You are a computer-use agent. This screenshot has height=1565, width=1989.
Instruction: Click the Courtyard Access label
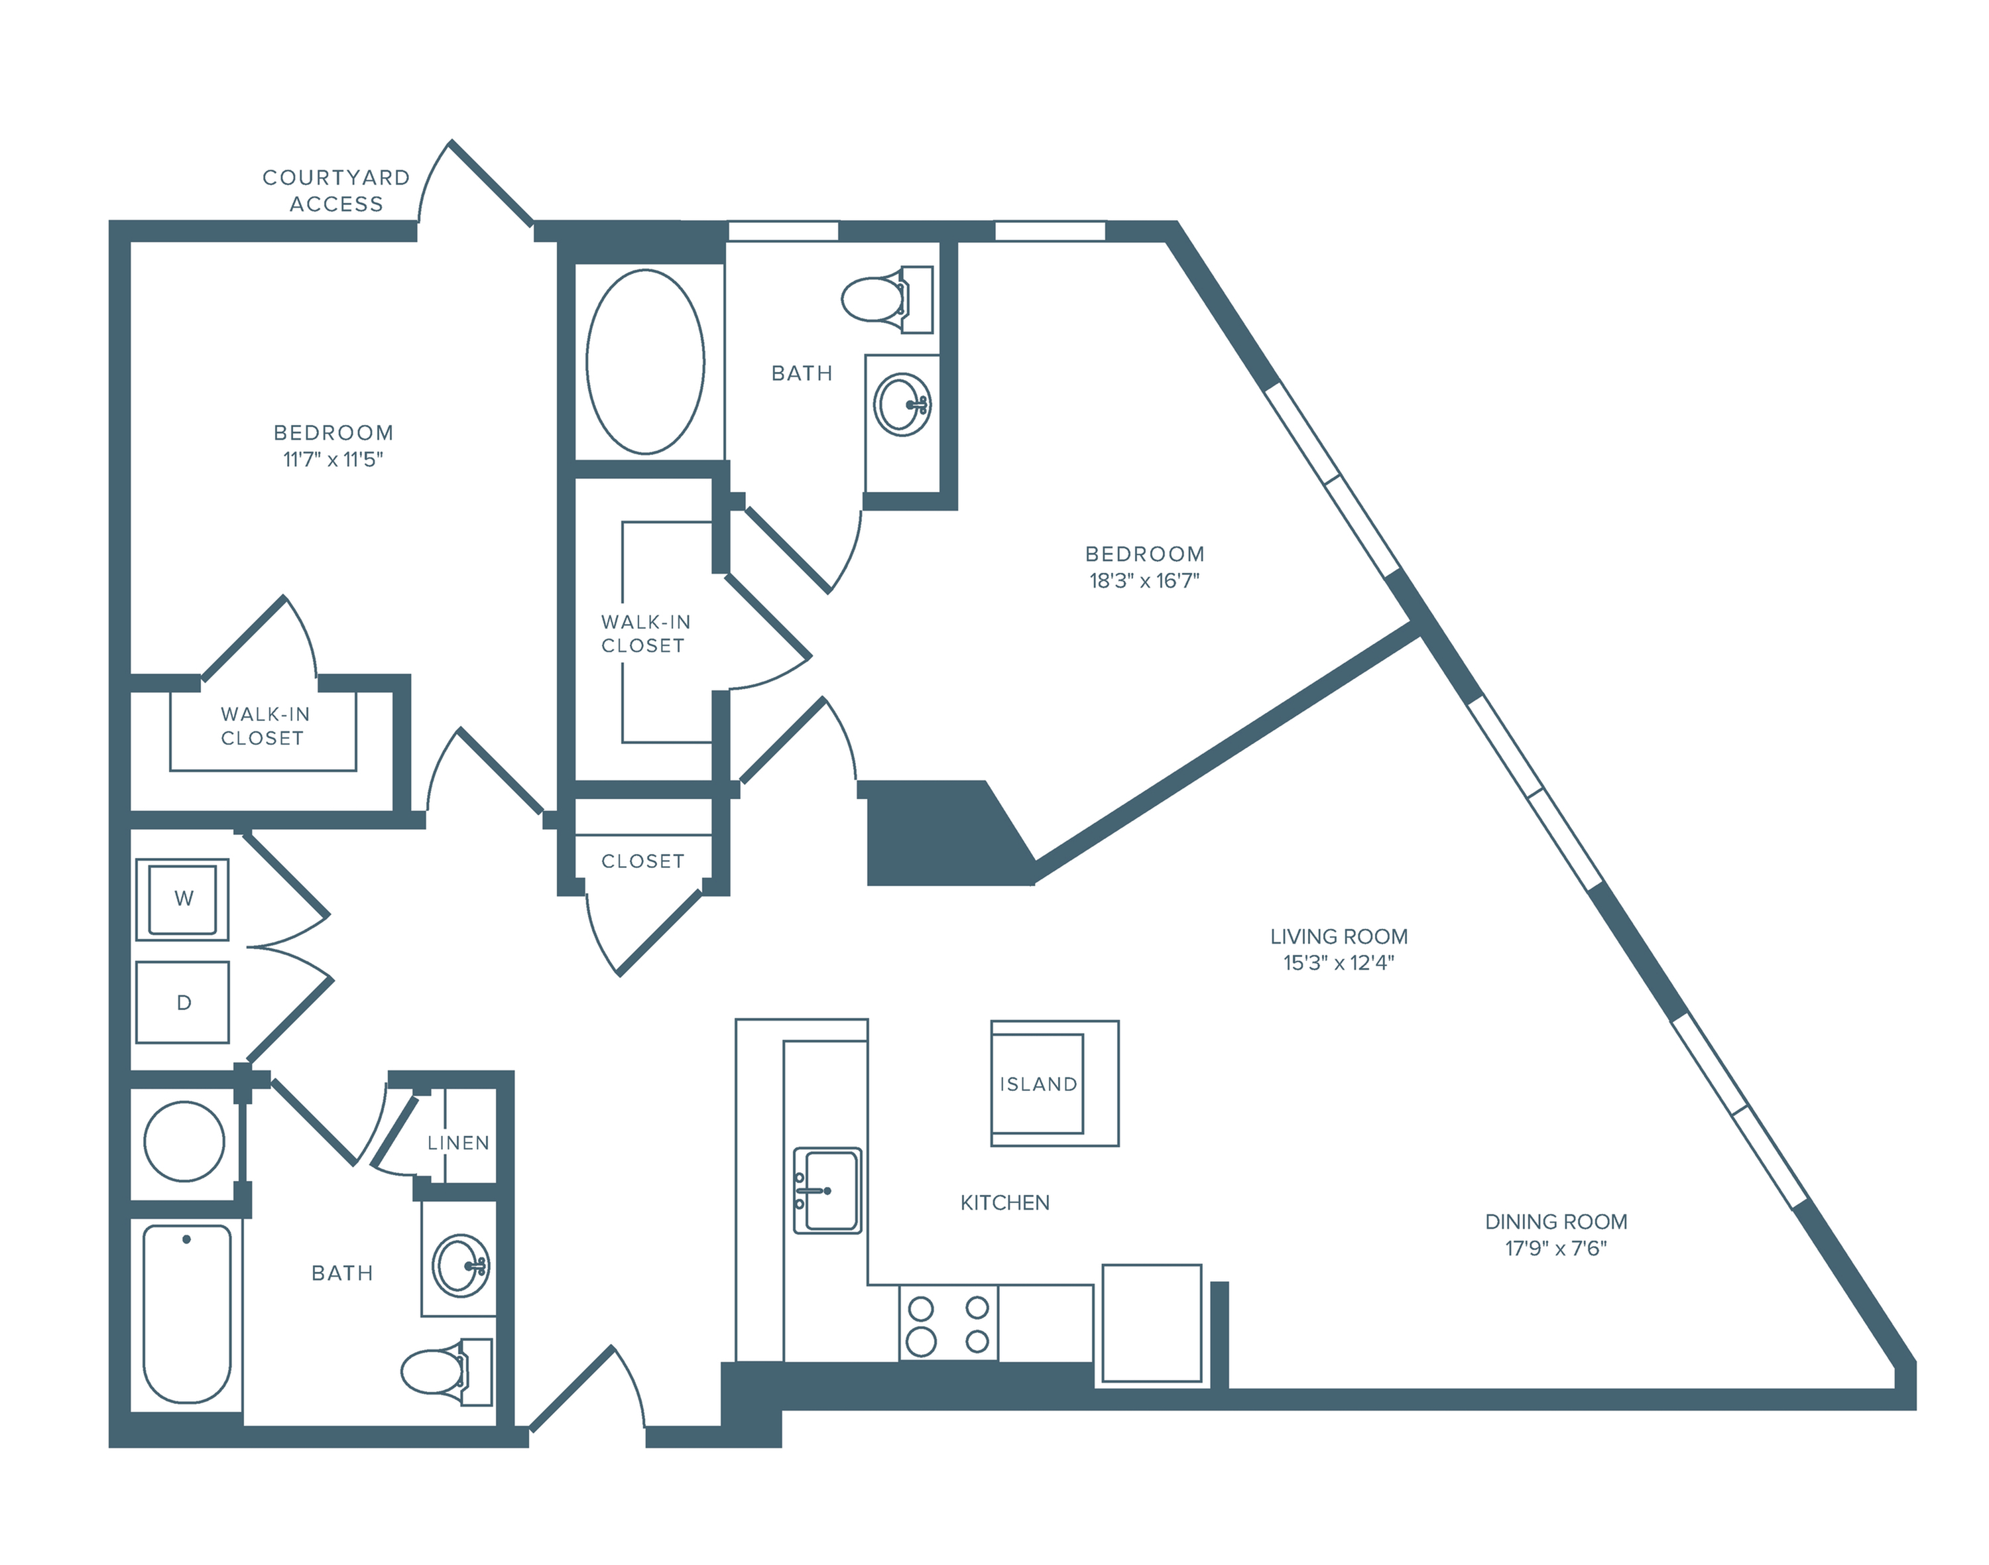point(335,190)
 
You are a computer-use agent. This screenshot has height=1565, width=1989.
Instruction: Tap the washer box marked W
point(182,899)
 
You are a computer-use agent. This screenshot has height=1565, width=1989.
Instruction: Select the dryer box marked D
point(182,1003)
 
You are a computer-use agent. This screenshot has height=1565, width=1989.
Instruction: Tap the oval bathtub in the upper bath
point(645,362)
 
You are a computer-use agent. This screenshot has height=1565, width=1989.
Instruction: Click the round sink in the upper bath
point(902,404)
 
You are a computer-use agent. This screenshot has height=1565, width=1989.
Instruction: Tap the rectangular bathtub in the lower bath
point(186,1313)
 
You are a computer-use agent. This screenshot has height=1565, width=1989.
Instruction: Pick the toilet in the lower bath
point(444,1371)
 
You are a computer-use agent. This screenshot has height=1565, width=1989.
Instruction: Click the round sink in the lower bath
point(460,1265)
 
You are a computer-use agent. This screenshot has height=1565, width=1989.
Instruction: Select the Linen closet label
point(458,1143)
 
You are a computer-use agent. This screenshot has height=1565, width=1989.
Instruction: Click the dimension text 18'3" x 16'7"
point(1144,580)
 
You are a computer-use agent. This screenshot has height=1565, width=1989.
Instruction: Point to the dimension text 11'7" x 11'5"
point(333,459)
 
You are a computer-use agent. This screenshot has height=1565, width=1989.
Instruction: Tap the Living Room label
point(1338,936)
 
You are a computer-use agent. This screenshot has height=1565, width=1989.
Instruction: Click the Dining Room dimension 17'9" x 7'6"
point(1555,1248)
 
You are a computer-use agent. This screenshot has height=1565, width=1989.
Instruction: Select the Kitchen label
point(1004,1203)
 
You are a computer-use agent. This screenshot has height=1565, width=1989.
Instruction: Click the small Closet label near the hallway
point(642,861)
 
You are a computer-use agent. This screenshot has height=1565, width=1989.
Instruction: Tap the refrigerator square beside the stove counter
point(1151,1323)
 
